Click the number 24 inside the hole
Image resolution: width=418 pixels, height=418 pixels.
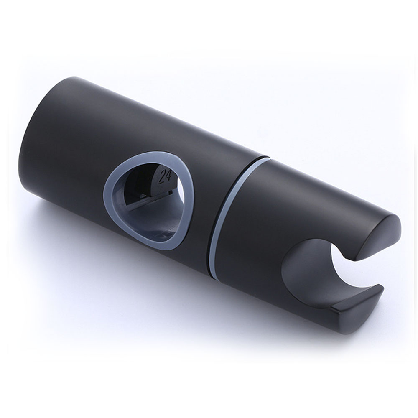[x=165, y=176]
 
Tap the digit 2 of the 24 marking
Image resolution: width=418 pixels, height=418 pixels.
[x=161, y=177]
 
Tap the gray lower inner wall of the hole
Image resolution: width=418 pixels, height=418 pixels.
[x=150, y=226]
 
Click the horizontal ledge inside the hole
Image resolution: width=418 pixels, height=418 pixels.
[x=146, y=205]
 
